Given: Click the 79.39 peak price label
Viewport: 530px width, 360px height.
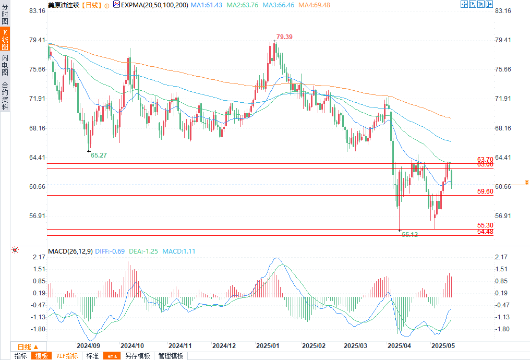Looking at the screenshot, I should (284, 37).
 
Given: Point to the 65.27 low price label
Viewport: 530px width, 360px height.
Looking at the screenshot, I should (99, 155).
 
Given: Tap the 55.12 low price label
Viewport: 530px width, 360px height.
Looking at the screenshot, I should (410, 235).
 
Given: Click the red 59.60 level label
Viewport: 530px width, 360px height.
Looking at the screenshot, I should (485, 192).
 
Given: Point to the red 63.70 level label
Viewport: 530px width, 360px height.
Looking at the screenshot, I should (485, 159).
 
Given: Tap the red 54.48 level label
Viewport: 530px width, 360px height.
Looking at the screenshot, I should (485, 232).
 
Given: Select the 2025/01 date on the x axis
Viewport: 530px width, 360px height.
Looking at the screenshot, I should (268, 345).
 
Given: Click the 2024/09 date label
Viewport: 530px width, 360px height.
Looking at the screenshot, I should (88, 345).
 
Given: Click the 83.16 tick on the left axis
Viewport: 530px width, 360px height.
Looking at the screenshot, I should (37, 11).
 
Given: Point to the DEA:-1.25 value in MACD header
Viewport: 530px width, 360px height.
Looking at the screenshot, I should (143, 251).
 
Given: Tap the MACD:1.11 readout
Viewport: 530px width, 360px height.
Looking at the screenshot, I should (178, 251).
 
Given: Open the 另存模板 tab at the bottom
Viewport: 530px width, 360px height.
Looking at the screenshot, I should (138, 356).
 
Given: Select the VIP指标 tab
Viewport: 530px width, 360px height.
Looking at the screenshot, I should (67, 356).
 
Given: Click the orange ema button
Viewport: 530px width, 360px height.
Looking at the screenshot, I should (112, 356).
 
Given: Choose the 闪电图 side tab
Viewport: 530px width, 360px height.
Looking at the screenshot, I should (5, 65).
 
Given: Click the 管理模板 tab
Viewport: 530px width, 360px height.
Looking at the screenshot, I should (171, 356).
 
